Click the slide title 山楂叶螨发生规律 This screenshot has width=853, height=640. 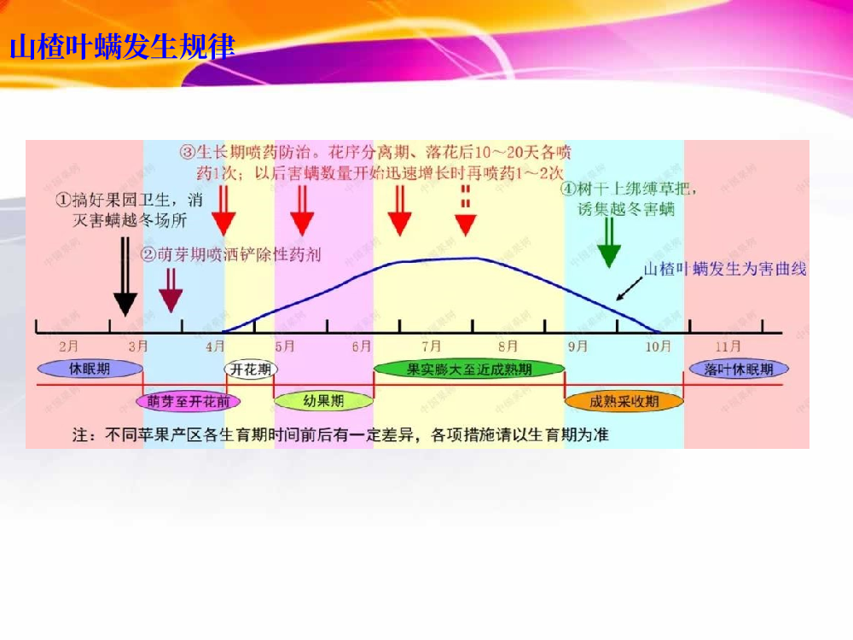(122, 46)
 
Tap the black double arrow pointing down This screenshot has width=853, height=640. (125, 276)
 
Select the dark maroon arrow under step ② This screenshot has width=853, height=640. (171, 290)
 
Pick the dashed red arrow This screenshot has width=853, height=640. (465, 211)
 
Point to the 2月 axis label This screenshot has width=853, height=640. (68, 346)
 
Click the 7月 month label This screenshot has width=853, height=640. (432, 346)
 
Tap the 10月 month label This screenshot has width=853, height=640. (659, 346)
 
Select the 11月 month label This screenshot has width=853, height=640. (728, 346)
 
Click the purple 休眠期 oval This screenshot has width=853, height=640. (90, 369)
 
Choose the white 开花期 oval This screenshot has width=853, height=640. (251, 369)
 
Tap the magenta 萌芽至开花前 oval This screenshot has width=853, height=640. (189, 402)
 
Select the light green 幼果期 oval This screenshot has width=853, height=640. (323, 401)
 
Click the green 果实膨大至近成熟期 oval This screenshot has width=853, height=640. (469, 369)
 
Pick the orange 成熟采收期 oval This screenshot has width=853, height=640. (624, 402)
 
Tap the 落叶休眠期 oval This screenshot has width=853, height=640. (739, 369)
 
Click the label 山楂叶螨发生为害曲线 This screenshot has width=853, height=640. (725, 269)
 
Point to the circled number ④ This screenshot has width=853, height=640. (568, 189)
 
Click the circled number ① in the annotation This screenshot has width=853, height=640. (63, 200)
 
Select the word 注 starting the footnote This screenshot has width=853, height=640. (80, 435)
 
